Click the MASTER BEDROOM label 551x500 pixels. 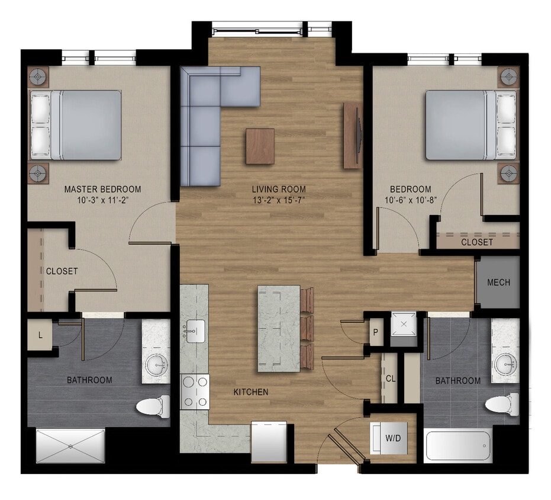point(102,190)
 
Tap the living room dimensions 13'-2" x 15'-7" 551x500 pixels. point(278,200)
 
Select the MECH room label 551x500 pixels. point(498,283)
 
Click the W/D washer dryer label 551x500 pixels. point(393,438)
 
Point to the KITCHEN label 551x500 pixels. point(251,392)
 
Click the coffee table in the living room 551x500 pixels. point(260,146)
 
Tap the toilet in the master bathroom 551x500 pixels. point(152,406)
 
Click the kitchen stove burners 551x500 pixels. point(195,392)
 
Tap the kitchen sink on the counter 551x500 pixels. point(195,329)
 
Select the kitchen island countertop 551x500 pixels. point(279,328)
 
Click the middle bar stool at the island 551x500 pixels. point(307,328)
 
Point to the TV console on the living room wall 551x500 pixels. point(352,136)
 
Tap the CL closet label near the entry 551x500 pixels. point(391,379)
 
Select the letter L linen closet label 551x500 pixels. point(40,335)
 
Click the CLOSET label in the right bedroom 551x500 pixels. point(476,242)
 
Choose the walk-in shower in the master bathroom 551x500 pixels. point(70,445)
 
